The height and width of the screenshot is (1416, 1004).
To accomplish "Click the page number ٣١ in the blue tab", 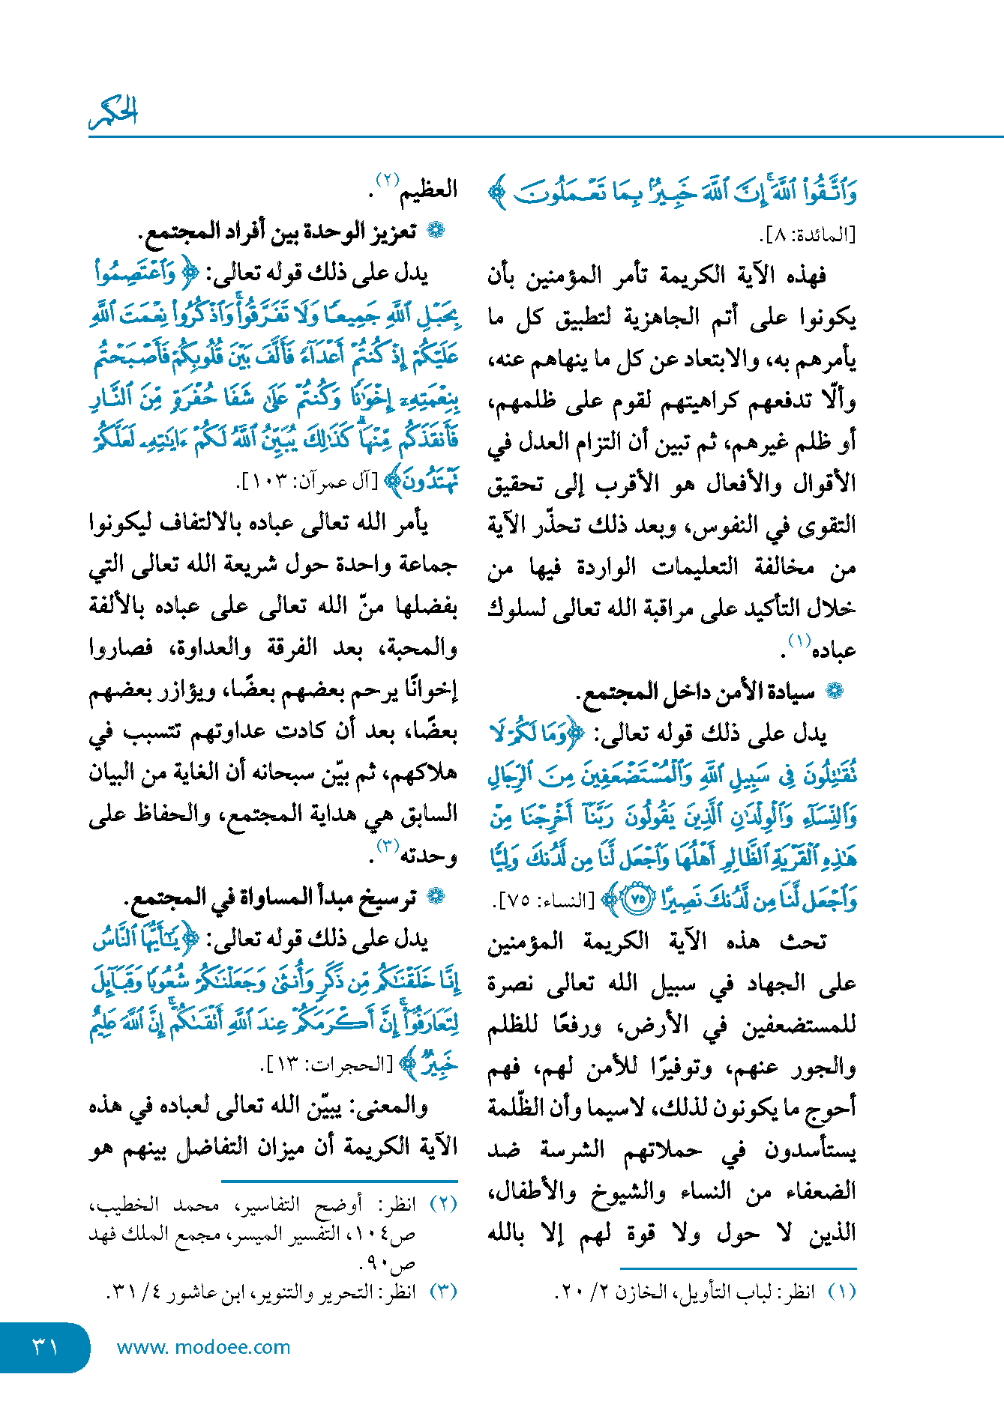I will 45,1347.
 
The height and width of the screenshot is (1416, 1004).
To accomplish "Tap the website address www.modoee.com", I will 203,1347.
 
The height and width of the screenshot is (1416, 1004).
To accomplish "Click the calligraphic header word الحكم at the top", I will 114,112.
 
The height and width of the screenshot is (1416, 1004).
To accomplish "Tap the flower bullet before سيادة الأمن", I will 835,692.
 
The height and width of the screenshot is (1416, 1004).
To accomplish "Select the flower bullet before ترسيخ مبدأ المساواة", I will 435,896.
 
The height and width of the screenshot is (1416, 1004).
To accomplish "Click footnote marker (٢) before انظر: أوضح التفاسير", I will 443,1204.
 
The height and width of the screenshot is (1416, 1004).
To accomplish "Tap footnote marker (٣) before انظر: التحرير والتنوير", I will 443,1292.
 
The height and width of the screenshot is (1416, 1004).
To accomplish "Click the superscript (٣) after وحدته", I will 388,847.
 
